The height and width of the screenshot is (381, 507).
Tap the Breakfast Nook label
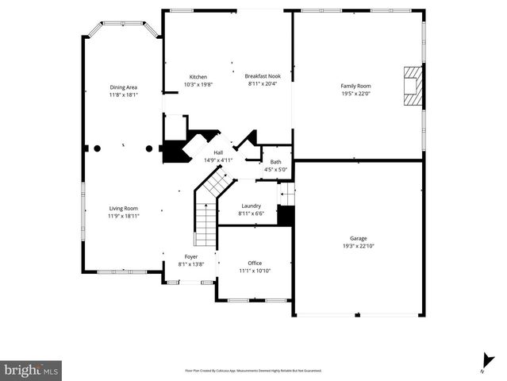click(x=263, y=76)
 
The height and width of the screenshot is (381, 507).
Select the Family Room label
click(x=356, y=86)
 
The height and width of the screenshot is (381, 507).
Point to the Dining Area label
click(x=123, y=87)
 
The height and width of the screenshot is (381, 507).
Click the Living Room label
click(x=123, y=208)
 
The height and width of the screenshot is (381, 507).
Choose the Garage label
click(x=359, y=238)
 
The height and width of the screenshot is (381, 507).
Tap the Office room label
click(x=255, y=264)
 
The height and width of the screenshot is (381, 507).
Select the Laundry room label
click(x=251, y=206)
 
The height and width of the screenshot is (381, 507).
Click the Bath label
click(x=275, y=162)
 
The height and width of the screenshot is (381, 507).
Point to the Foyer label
click(x=191, y=256)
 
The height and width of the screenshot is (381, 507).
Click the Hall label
click(x=218, y=152)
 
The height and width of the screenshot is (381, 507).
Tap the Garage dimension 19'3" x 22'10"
click(x=359, y=246)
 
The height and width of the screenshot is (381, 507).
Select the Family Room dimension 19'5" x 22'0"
click(x=356, y=94)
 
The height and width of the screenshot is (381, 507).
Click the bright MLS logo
click(x=32, y=370)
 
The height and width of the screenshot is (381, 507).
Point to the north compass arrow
click(x=482, y=360)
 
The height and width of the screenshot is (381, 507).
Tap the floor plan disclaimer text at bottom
click(x=253, y=371)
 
